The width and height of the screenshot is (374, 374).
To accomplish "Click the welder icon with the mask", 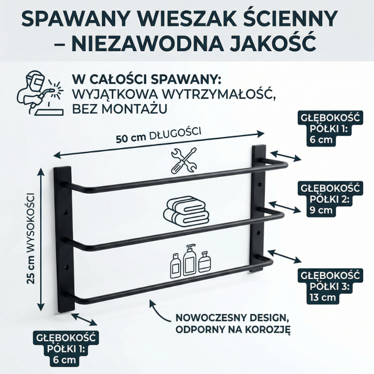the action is click(40, 93).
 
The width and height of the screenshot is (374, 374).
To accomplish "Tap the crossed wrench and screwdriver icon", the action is click(184, 161).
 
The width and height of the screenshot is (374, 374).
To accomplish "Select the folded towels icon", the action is click(186, 211).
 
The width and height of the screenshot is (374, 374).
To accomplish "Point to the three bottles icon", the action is click(191, 261).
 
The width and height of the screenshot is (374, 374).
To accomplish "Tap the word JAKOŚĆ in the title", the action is click(273, 43).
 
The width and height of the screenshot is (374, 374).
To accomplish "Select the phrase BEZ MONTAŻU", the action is click(119, 109).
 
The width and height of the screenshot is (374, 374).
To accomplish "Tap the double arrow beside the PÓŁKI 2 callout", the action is click(284, 207).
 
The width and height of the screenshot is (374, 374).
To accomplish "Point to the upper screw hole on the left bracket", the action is click(65, 212).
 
